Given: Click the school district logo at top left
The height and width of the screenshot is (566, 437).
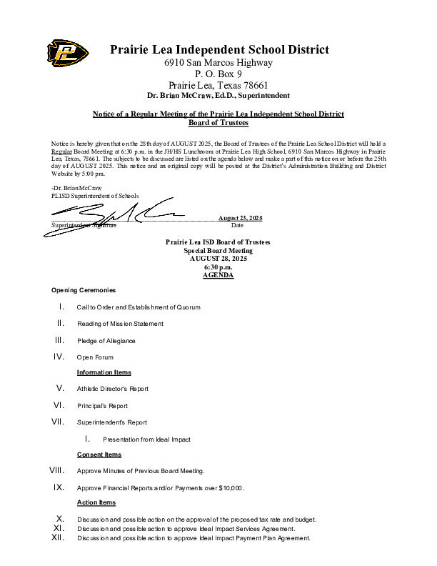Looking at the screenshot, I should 68,51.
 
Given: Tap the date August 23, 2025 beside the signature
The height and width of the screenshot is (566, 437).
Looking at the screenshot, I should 241,217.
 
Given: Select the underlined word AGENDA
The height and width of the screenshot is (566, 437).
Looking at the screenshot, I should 218,275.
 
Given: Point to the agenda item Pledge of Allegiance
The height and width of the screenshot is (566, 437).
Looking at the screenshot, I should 106,340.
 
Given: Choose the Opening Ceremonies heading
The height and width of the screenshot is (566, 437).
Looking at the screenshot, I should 83,290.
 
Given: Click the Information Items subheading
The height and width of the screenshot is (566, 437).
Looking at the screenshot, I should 104,372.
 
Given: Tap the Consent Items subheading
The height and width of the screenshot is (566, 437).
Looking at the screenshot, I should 99,455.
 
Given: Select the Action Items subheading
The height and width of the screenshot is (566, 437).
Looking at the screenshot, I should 96,502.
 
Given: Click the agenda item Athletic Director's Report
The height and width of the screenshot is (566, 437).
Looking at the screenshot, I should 113,389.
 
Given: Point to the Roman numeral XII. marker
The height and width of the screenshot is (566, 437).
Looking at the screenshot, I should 59,537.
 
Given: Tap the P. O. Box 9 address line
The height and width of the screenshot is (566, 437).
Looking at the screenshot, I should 218,74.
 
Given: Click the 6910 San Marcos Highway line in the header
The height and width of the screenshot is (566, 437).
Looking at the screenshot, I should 218,62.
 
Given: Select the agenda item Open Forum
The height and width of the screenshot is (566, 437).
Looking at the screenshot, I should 95,357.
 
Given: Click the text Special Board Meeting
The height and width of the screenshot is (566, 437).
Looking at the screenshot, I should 218,251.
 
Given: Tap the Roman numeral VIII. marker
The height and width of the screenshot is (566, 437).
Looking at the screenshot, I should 56,470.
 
